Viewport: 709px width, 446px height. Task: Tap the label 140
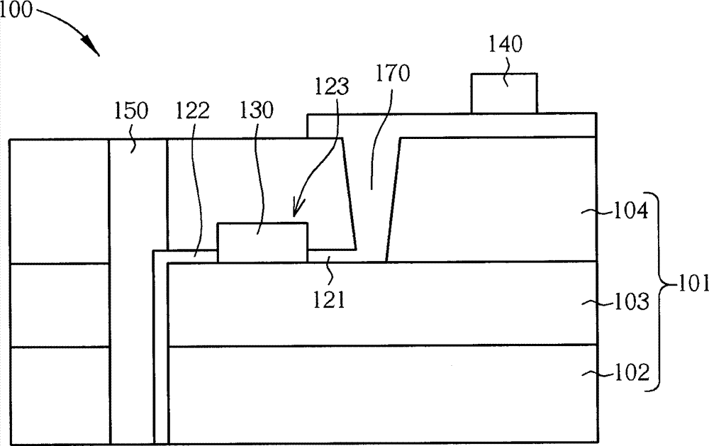(x=506, y=45)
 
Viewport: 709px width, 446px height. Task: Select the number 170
(x=393, y=74)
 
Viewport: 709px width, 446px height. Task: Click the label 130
(x=257, y=111)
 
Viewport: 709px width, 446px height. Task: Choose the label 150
(x=132, y=111)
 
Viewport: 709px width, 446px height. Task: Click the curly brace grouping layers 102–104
(x=659, y=291)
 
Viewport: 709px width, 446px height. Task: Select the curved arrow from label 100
(x=71, y=28)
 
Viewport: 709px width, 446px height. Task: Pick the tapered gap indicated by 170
(x=371, y=199)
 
